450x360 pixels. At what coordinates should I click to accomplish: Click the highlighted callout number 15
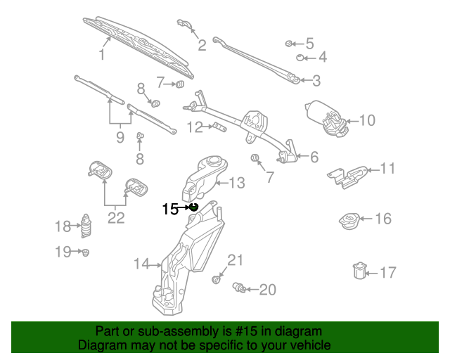(x=169, y=209)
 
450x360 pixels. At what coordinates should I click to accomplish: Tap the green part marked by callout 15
(x=193, y=207)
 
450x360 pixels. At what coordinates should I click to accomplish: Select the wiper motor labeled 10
(x=325, y=117)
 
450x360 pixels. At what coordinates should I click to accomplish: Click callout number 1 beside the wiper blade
(x=102, y=54)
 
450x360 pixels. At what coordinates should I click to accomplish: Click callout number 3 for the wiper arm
(x=316, y=81)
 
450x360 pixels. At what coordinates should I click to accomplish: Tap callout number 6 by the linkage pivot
(x=314, y=157)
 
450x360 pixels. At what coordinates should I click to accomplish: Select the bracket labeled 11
(x=347, y=176)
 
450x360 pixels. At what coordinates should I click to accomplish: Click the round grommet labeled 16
(x=349, y=220)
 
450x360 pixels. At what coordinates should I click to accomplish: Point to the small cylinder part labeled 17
(x=359, y=270)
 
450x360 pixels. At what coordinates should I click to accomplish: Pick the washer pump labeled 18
(x=87, y=226)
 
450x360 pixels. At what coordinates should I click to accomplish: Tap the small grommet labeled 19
(x=85, y=251)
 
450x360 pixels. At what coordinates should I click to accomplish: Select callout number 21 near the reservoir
(x=234, y=262)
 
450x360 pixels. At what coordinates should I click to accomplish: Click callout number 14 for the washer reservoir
(x=142, y=264)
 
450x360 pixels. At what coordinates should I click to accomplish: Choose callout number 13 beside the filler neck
(x=237, y=184)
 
